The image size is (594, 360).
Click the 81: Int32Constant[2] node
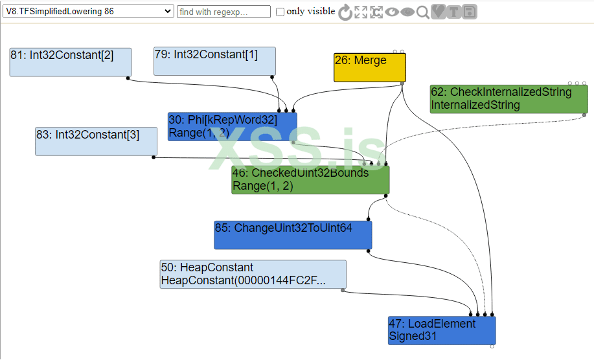coord(71,62)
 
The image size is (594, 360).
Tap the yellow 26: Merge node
coord(370,67)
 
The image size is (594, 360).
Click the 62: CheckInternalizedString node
coord(508,98)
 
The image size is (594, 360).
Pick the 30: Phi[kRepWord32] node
coord(232,126)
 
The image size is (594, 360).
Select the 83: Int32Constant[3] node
coord(96,141)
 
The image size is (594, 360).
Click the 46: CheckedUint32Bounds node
coord(310,180)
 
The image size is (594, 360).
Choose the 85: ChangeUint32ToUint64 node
coord(293,235)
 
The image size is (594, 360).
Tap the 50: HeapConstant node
coord(253,275)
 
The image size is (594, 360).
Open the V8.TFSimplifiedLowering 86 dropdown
coord(88,12)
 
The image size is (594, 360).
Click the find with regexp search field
coord(223,12)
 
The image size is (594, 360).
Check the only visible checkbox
coord(280,12)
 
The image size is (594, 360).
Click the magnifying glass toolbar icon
coord(422,12)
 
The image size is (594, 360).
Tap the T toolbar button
coord(453,12)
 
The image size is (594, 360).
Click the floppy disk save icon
coord(469,12)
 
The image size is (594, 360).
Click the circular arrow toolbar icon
coord(345,12)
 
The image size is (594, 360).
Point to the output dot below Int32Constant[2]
coord(128,78)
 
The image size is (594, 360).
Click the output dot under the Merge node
coord(402,84)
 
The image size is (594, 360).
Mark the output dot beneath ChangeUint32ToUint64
coord(367,251)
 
